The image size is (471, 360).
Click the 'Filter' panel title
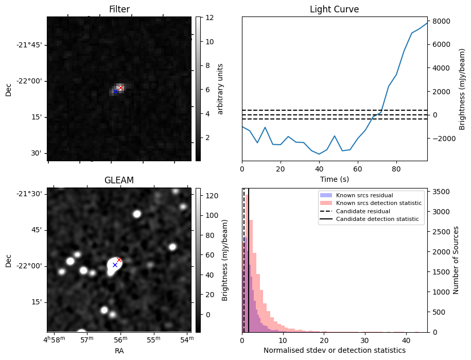[x=119, y=9]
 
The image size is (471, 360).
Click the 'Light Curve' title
[x=334, y=9]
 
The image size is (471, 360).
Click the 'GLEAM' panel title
[x=119, y=180]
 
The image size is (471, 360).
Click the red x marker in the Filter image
[x=120, y=88]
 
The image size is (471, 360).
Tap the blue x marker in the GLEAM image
[x=115, y=265]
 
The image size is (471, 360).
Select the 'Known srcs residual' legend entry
[x=364, y=195]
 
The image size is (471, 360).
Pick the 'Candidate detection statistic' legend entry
[x=377, y=219]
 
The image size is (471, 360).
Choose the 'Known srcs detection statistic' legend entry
[x=378, y=203]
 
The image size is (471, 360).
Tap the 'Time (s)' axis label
[x=334, y=179]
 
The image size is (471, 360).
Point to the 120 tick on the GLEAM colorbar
[x=212, y=196]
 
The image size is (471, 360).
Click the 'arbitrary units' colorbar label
[x=221, y=89]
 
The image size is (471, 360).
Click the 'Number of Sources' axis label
[x=456, y=260]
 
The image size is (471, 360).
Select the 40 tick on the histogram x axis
[x=405, y=340]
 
